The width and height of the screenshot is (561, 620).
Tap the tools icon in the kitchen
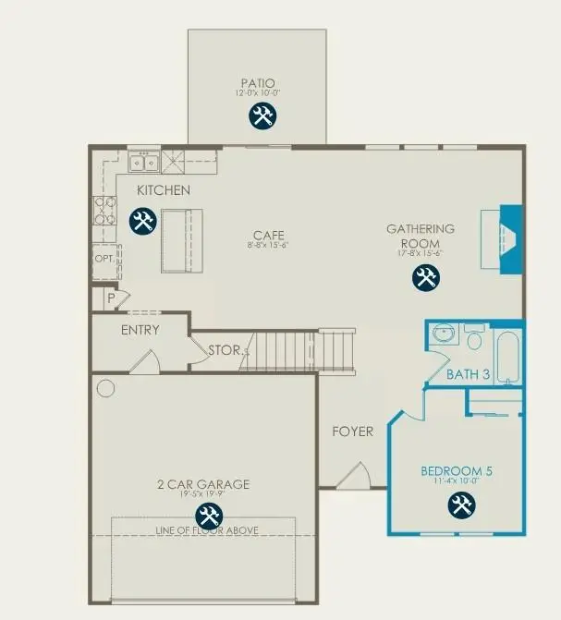141,222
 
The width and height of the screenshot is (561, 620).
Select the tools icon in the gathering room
425,276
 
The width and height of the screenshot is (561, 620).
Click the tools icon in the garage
207,517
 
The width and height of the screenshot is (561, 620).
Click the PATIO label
258,82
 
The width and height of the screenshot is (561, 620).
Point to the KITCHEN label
164,190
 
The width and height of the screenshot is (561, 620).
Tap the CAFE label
269,235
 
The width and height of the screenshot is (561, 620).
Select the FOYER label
353,432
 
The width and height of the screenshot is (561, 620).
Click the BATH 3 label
468,374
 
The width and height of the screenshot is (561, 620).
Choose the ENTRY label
140,330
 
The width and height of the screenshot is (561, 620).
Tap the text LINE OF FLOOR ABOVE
206,530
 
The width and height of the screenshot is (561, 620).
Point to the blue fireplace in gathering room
510,239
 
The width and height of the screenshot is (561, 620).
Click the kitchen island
180,240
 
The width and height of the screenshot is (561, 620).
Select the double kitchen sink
143,164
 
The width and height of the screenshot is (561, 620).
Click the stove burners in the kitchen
104,213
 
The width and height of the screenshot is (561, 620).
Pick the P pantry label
110,298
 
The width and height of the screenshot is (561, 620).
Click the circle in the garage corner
105,387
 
